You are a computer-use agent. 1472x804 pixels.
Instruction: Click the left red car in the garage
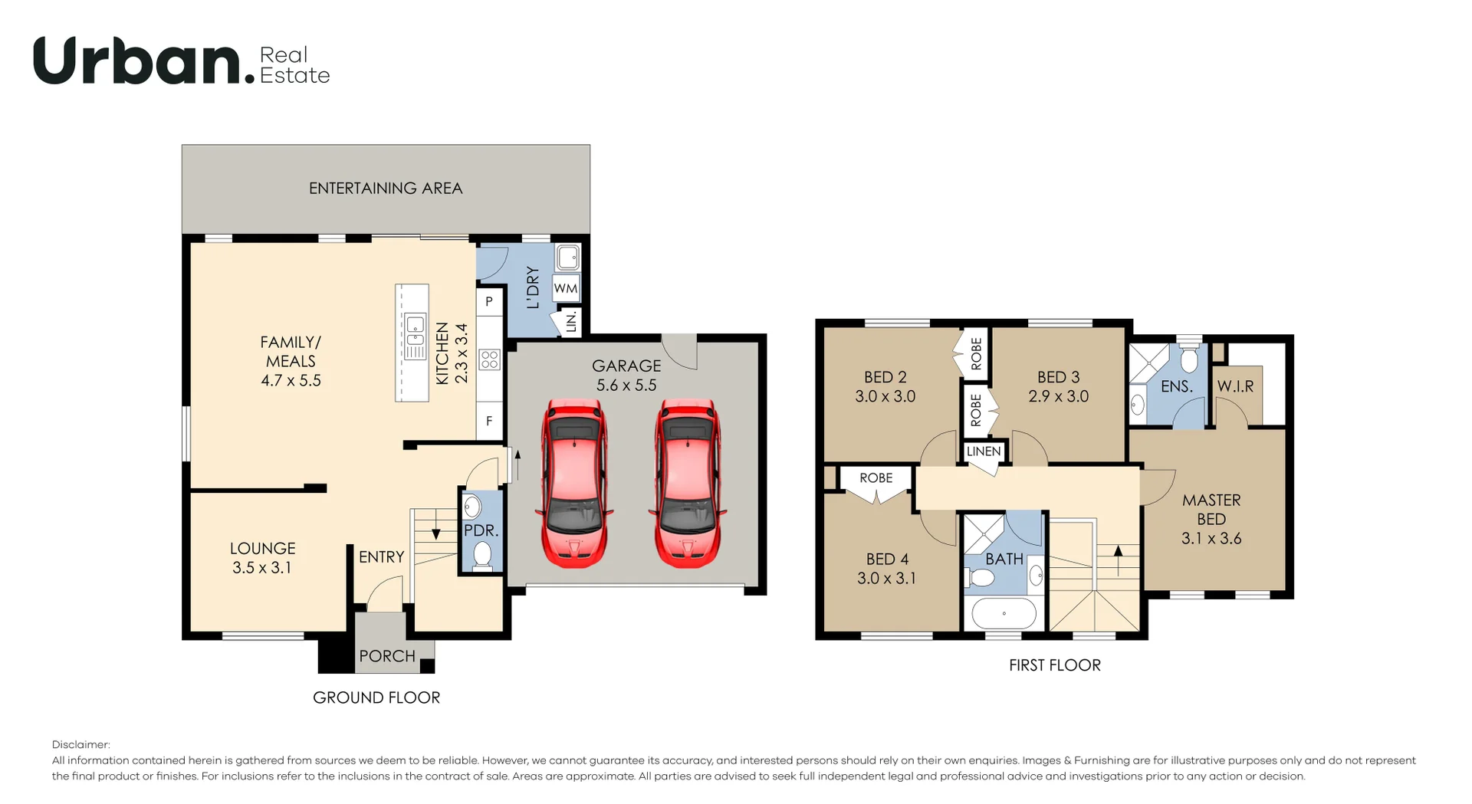pyautogui.click(x=576, y=484)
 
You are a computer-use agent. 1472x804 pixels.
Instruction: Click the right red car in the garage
pyautogui.click(x=688, y=484)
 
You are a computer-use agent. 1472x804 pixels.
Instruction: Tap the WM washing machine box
pyautogui.click(x=566, y=289)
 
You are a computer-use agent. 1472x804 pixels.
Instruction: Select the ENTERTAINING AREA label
pyautogui.click(x=386, y=189)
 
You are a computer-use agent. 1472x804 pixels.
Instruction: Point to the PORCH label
pyautogui.click(x=387, y=656)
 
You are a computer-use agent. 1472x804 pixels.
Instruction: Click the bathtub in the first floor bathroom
pyautogui.click(x=1004, y=614)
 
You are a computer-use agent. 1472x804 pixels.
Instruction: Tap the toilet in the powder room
pyautogui.click(x=481, y=554)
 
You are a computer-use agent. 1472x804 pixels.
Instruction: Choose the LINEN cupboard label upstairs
pyautogui.click(x=984, y=451)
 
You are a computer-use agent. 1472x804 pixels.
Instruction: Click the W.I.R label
pyautogui.click(x=1236, y=386)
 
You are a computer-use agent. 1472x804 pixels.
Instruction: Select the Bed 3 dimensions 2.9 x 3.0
pyautogui.click(x=1058, y=396)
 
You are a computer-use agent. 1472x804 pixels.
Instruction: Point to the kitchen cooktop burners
pyautogui.click(x=489, y=359)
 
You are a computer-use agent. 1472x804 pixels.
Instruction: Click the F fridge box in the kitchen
pyautogui.click(x=489, y=421)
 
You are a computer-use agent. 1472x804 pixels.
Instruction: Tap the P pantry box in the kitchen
pyautogui.click(x=489, y=302)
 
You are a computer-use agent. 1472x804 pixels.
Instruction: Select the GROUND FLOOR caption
pyautogui.click(x=376, y=697)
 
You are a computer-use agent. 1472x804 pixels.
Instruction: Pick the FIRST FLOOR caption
pyautogui.click(x=1055, y=665)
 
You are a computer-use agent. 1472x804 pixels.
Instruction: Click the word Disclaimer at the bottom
pyautogui.click(x=80, y=744)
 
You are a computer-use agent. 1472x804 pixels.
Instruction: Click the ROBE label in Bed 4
pyautogui.click(x=876, y=477)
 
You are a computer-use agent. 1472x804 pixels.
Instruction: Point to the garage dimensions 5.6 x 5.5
pyautogui.click(x=626, y=386)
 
